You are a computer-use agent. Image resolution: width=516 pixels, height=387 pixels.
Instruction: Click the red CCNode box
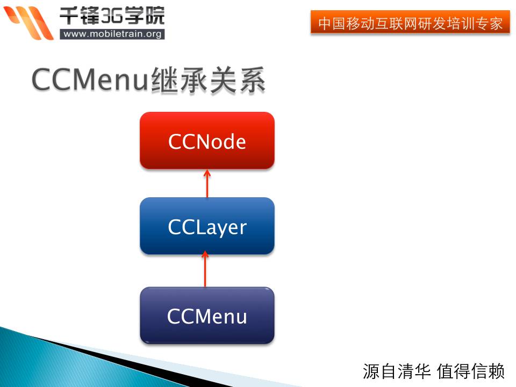tap(207, 141)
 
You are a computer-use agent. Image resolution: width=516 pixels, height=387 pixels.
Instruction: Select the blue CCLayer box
tap(207, 226)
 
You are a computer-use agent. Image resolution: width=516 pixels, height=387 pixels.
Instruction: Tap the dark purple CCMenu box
tap(207, 316)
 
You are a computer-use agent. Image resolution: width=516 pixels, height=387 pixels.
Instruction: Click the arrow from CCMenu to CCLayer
tap(205, 271)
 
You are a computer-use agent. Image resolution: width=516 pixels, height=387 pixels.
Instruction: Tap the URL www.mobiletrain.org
tap(112, 34)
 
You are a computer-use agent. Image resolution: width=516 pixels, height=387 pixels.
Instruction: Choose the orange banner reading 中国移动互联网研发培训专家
tap(410, 23)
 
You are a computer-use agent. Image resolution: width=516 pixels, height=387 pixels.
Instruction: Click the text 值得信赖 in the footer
tap(471, 371)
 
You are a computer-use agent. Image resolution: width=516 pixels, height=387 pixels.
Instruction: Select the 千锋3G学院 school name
tap(112, 15)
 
